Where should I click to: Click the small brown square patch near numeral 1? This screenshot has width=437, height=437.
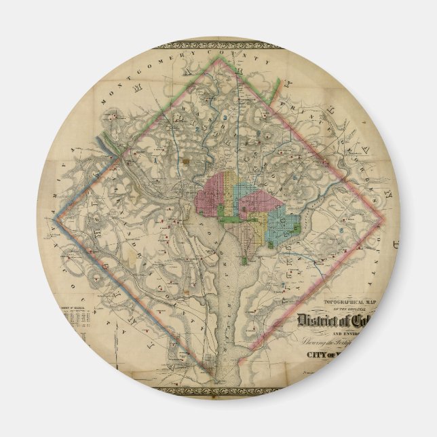186,162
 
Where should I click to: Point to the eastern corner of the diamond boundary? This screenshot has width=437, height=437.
384,221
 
